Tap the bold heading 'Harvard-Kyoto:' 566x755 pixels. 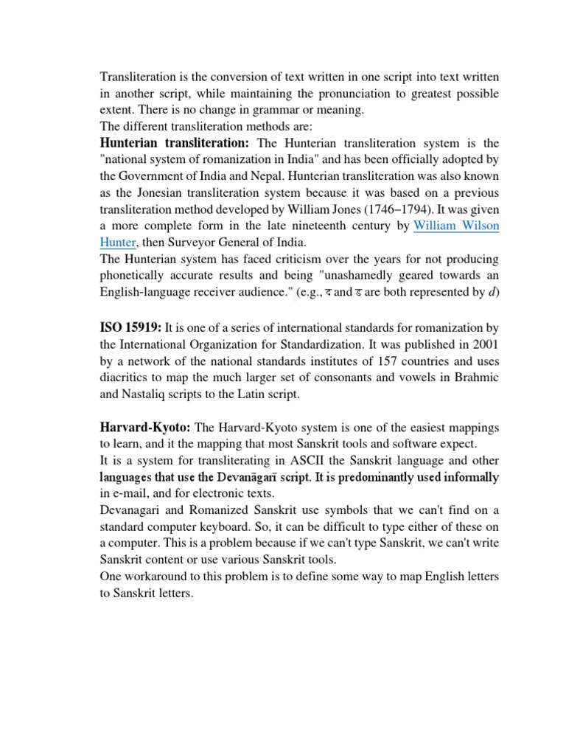coord(145,428)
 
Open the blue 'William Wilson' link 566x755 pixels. coord(456,226)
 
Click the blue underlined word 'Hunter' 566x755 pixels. coord(118,243)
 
